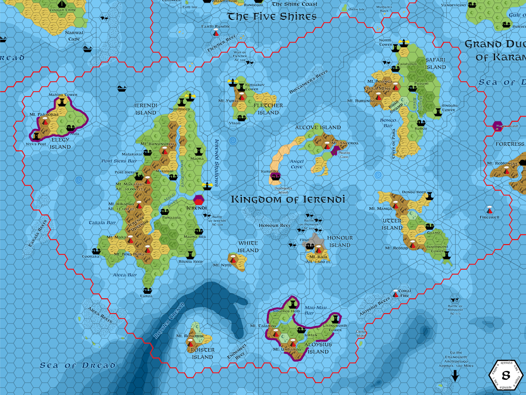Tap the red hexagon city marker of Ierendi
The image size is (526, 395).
199,199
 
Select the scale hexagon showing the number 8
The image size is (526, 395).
505,375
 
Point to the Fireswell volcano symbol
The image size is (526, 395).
490,210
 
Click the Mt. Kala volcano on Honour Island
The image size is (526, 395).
318,250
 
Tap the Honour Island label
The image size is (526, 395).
339,242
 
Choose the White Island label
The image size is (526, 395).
248,247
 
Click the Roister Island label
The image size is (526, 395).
203,353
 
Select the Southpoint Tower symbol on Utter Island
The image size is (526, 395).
446,255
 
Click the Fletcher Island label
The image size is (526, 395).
268,109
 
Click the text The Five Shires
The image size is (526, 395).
272,17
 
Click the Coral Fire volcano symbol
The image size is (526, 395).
396,293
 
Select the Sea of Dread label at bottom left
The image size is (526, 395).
78,365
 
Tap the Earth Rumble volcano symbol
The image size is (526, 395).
216,33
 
